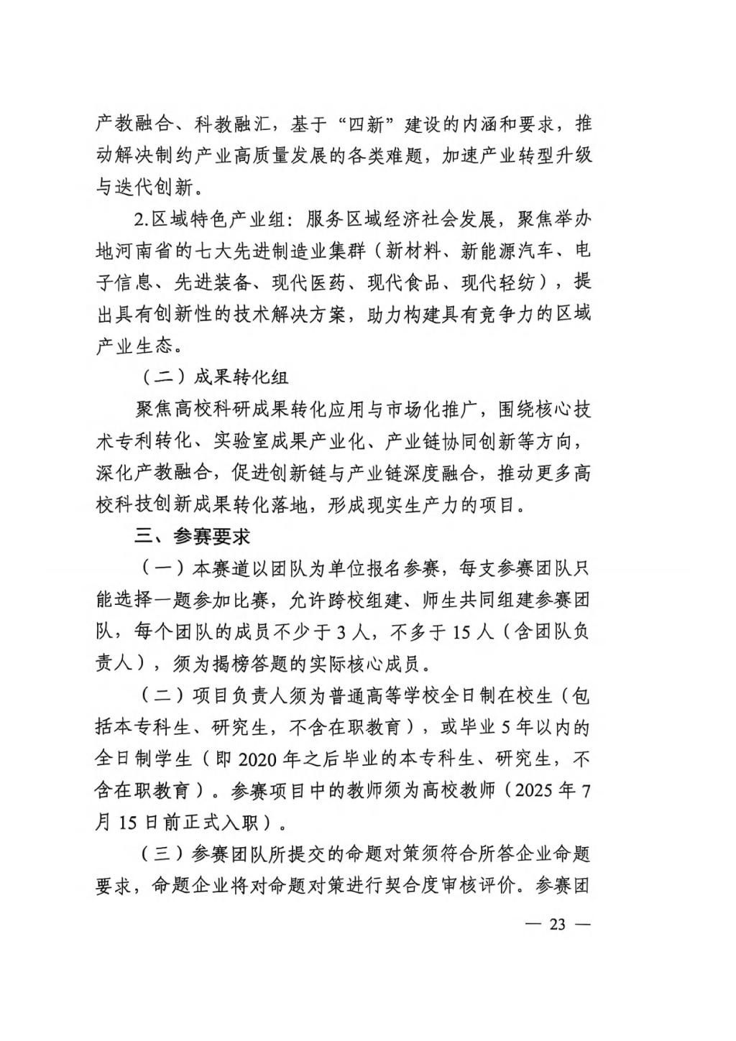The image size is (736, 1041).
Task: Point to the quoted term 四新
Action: pyautogui.click(x=367, y=124)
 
